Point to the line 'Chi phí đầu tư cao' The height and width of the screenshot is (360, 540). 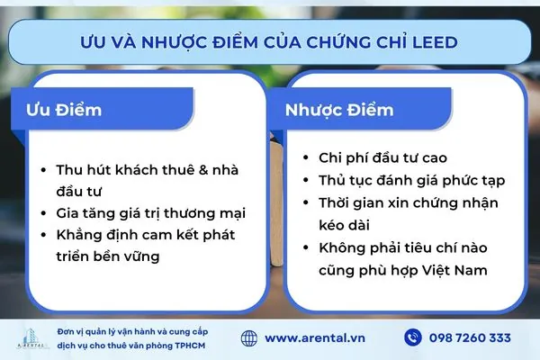click(x=376, y=157)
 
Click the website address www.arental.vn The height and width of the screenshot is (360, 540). click(x=317, y=337)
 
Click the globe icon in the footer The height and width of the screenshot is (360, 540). click(x=251, y=337)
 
